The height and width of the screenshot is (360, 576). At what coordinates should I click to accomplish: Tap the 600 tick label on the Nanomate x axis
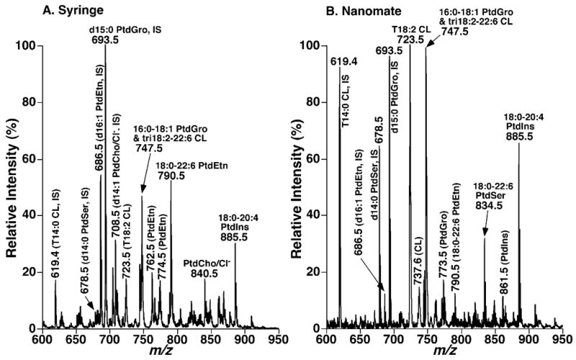(x=327, y=338)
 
